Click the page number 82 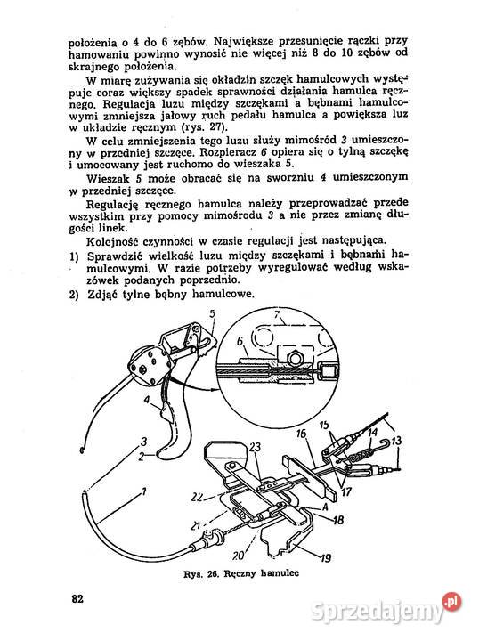(77, 599)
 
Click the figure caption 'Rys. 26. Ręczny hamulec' (241, 573)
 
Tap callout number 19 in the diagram (326, 557)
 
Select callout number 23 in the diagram (255, 447)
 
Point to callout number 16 (302, 434)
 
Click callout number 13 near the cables (396, 441)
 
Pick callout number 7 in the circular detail (277, 315)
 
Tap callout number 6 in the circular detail (239, 340)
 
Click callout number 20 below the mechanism (239, 556)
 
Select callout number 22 (198, 497)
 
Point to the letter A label (325, 507)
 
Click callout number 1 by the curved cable (144, 491)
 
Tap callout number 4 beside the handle (147, 400)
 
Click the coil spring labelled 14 (362, 455)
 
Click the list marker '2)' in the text (74, 295)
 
